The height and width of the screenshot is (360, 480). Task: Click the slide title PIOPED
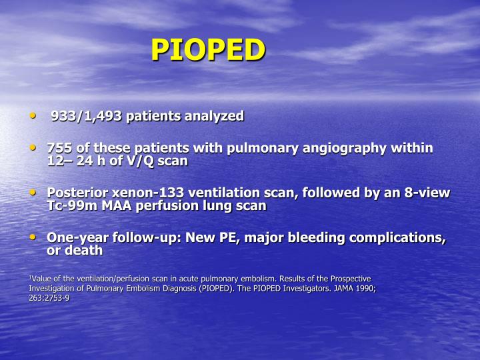click(207, 49)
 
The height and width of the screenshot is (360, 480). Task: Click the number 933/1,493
click(87, 116)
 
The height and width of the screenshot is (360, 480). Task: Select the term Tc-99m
click(71, 206)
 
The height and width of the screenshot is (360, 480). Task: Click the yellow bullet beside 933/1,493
click(33, 115)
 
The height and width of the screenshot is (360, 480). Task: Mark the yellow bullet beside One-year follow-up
click(33, 237)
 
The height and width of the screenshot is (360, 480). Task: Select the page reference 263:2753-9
click(49, 298)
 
